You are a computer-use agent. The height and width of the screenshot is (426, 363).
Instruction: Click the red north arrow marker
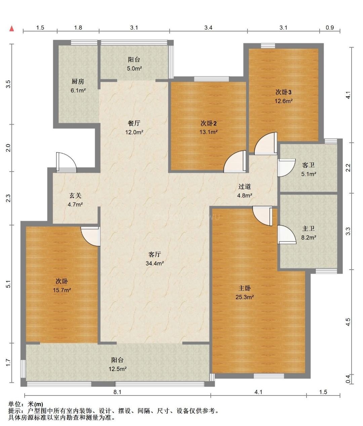click(x=12, y=29)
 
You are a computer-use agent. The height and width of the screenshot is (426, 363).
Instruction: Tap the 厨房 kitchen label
click(x=78, y=82)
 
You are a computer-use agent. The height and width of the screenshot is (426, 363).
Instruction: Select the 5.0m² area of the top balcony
click(x=134, y=68)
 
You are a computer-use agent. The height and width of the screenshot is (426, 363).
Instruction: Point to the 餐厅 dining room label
click(x=134, y=123)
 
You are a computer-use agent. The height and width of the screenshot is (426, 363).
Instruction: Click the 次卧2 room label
click(x=209, y=123)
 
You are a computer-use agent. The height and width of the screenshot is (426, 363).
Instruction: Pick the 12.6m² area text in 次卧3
click(x=284, y=101)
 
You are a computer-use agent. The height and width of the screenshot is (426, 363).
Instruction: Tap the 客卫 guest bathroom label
click(x=308, y=165)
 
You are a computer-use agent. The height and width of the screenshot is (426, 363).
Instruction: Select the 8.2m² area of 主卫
click(x=309, y=238)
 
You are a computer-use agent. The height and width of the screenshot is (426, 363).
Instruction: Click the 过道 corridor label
click(x=245, y=187)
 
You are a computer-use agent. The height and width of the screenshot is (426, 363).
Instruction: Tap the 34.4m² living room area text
click(x=155, y=264)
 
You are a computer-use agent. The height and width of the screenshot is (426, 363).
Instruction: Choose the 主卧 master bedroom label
click(x=245, y=288)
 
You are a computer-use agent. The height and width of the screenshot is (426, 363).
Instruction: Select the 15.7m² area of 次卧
click(x=62, y=290)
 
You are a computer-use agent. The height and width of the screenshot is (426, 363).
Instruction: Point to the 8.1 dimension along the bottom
click(x=117, y=392)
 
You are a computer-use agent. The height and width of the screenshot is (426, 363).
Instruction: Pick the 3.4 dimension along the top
click(x=208, y=28)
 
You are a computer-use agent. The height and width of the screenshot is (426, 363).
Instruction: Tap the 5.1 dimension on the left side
click(x=8, y=284)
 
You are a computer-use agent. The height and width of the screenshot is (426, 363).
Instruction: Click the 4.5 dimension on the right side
click(x=348, y=322)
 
